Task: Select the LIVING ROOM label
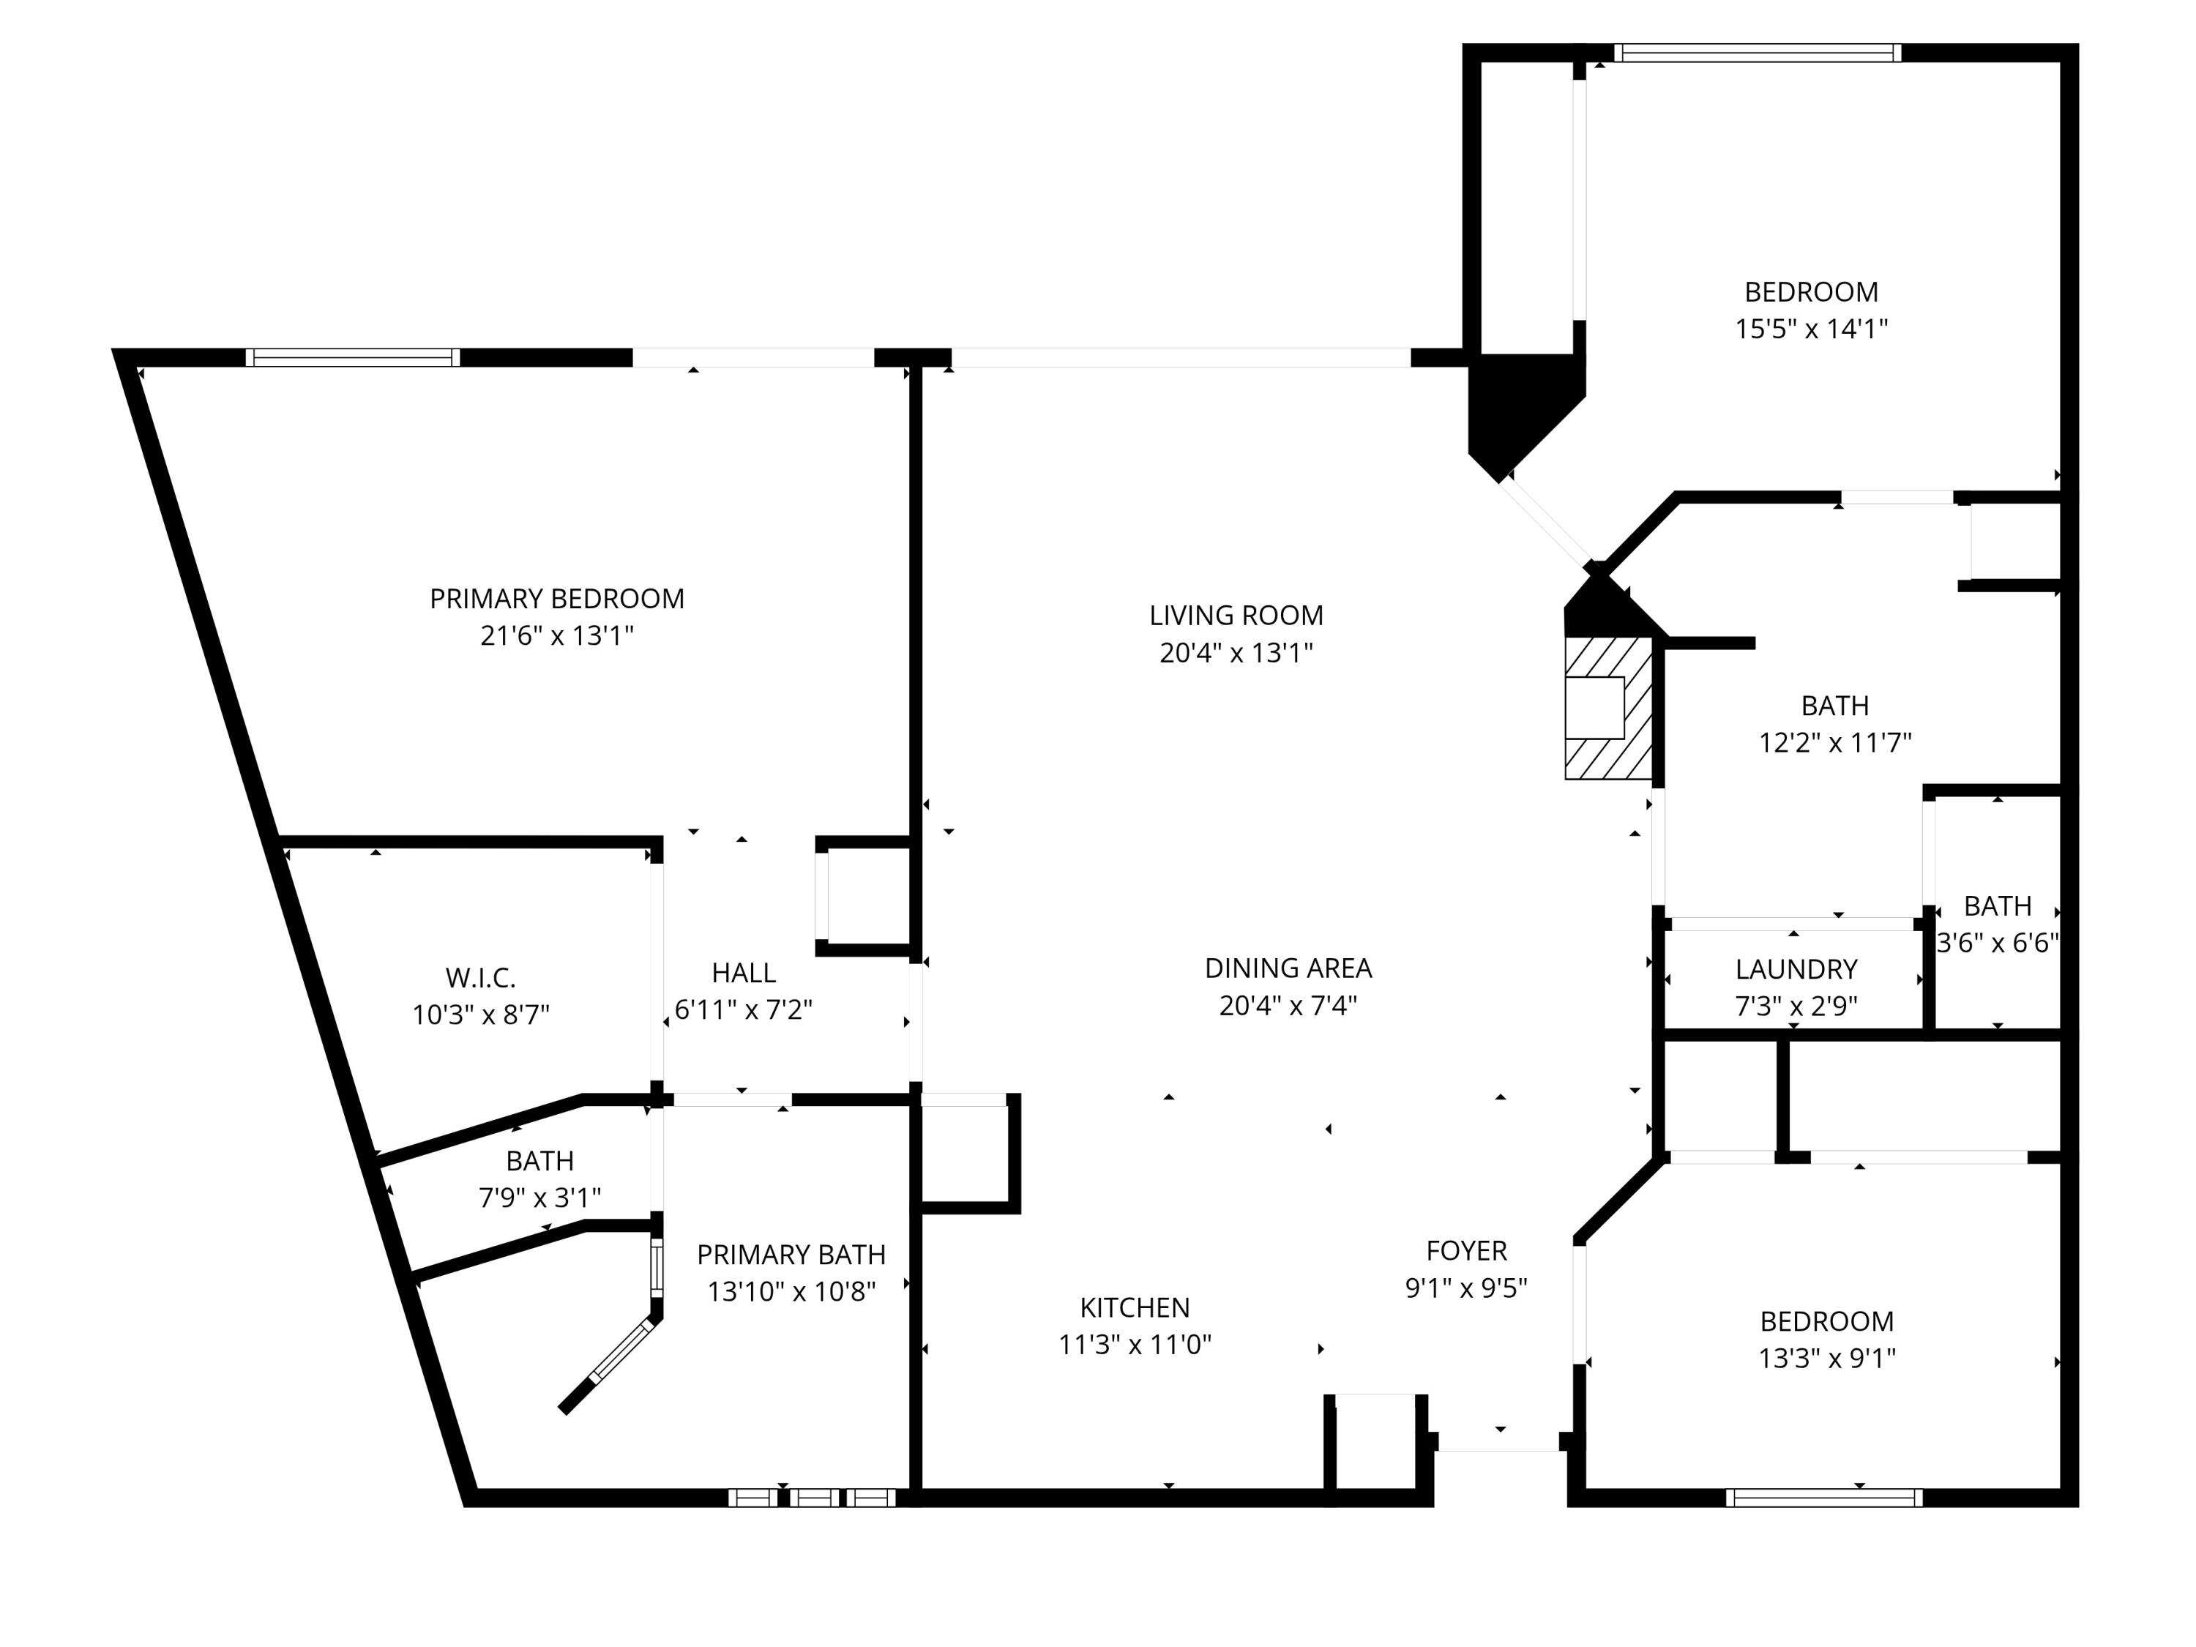pos(1236,616)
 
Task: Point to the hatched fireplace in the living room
pos(1607,708)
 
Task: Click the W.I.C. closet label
pos(480,978)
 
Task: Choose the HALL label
pos(744,973)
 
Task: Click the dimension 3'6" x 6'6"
pos(1998,943)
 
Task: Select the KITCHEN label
pos(1135,1307)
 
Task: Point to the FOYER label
pos(1466,1251)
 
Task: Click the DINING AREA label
pos(1288,968)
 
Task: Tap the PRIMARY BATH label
pos(791,1255)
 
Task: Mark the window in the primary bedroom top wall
pos(352,357)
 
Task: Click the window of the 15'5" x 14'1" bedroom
pos(1758,53)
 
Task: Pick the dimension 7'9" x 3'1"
pos(540,1198)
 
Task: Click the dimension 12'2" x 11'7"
pos(1834,742)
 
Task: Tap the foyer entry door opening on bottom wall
pos(1498,1449)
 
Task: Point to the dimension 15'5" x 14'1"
pos(1811,329)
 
